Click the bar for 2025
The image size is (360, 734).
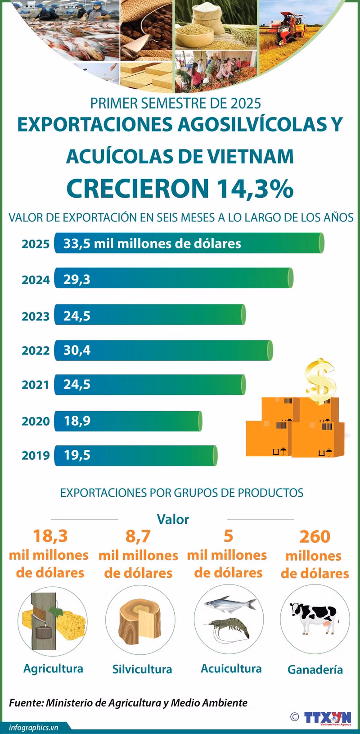189,243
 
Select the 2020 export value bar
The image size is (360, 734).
128,421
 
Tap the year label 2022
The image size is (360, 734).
36,351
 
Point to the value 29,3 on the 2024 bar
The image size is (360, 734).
76,280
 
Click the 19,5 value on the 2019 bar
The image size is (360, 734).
76,455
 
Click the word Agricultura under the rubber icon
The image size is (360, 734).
53,668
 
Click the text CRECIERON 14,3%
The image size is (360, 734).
180,188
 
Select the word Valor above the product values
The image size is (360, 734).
173,519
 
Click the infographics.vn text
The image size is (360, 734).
33,727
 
